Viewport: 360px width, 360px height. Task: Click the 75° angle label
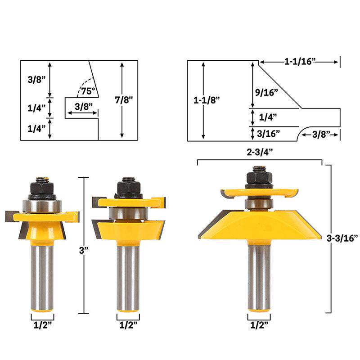(x=88, y=91)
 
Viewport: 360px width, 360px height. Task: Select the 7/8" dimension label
(x=124, y=99)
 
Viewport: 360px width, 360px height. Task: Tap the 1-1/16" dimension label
(x=300, y=62)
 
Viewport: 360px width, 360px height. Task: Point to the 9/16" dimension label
(x=266, y=93)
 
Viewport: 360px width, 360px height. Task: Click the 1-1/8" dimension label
(x=207, y=100)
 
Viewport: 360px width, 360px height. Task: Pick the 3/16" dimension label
(x=268, y=134)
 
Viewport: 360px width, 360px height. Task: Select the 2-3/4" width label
(x=260, y=152)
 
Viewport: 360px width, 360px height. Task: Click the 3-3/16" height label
(x=342, y=238)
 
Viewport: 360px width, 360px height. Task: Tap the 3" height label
(x=84, y=250)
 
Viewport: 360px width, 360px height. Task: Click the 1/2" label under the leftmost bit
(x=43, y=325)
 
